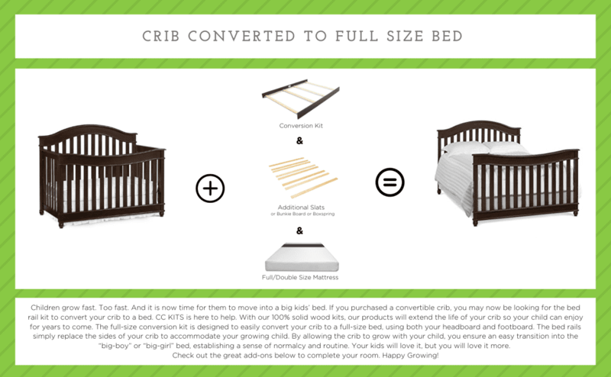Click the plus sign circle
point(210,188)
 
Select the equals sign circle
point(390,182)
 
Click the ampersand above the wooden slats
point(299,141)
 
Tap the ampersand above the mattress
point(299,230)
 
